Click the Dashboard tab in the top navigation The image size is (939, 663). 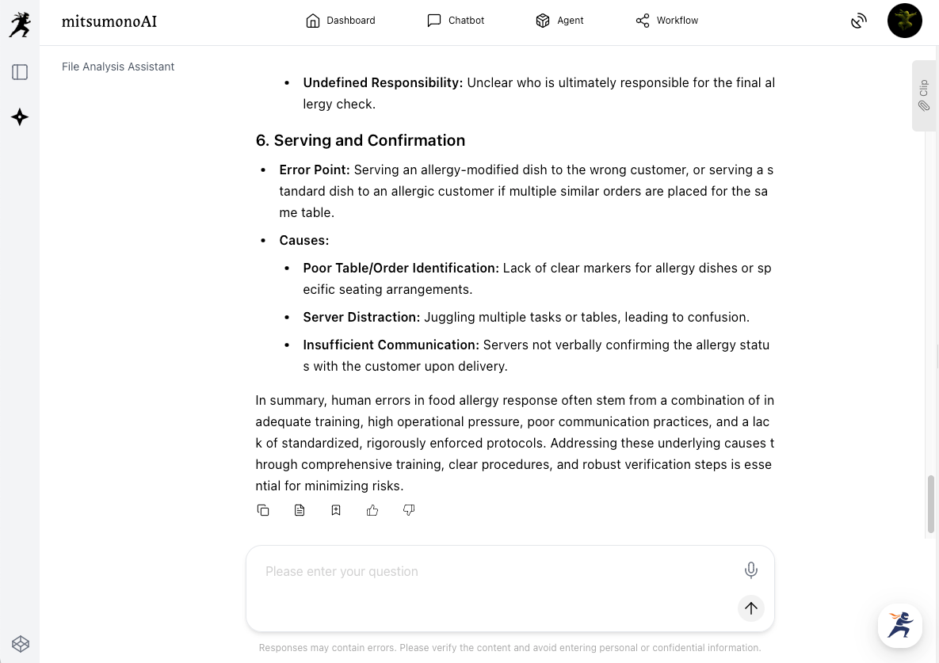tap(341, 21)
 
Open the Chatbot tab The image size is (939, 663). tap(456, 21)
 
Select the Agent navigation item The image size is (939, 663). tap(559, 21)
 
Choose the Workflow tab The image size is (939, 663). tap(666, 21)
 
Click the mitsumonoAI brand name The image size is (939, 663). tap(109, 21)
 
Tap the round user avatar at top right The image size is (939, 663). tap(904, 21)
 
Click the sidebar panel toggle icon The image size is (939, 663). tap(20, 72)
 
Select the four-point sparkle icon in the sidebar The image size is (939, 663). tap(20, 117)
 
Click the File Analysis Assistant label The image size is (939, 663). tap(118, 67)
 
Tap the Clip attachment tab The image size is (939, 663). tap(924, 95)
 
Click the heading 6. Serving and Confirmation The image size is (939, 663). tap(360, 140)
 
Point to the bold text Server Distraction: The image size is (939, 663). tap(361, 317)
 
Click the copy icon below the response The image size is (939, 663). tap(263, 510)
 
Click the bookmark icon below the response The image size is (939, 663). tap(336, 510)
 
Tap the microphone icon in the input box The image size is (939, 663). tap(751, 570)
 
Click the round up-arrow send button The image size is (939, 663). tap(751, 608)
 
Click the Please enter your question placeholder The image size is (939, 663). tap(342, 571)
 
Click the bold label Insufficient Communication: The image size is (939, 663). tap(391, 345)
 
